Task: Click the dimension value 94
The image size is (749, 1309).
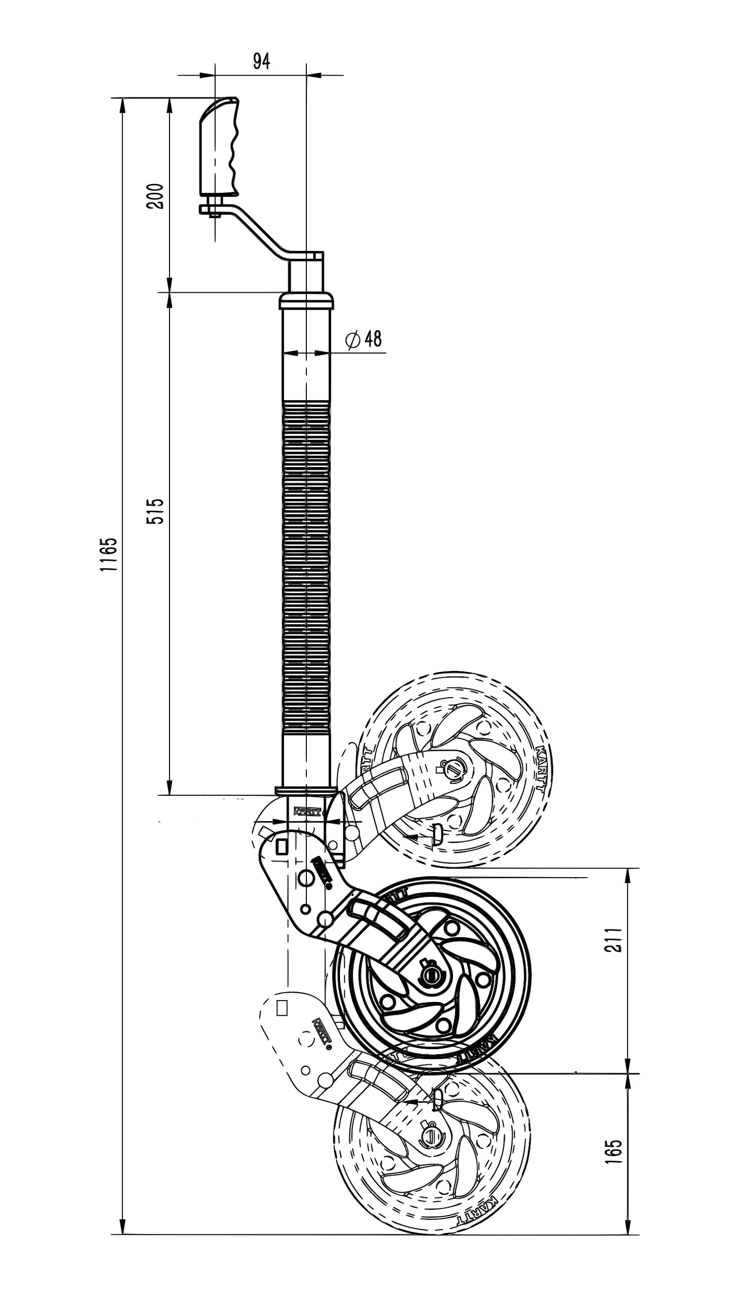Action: pos(261,61)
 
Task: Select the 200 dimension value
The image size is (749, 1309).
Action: pos(156,196)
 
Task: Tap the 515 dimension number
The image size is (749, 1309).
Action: pos(156,511)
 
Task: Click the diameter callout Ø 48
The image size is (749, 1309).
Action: pos(364,339)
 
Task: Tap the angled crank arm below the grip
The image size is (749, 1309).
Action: pos(259,231)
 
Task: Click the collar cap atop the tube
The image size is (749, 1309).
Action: pos(306,301)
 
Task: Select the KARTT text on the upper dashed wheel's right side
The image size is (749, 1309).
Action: pos(539,767)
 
